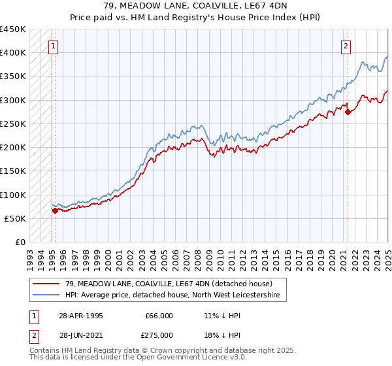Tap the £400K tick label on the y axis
(x=13, y=52)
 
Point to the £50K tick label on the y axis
(x=16, y=218)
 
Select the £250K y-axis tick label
(x=13, y=124)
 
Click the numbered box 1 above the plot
(x=52, y=46)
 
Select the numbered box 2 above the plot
(x=346, y=46)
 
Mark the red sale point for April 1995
(x=55, y=210)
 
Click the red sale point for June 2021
(x=348, y=112)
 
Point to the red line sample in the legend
(x=46, y=283)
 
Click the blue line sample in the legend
(x=46, y=295)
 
